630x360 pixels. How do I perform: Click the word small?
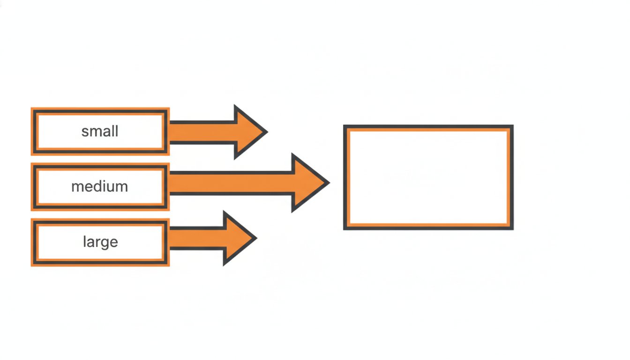[100, 131]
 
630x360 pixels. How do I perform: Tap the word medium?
[100, 187]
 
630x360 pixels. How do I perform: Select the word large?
[100, 242]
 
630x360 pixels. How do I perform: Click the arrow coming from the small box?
[218, 132]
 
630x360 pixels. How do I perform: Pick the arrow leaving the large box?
[213, 238]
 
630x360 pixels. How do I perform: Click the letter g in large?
[105, 244]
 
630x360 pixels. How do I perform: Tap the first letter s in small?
[85, 133]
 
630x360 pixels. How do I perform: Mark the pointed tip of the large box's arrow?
[257, 238]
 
